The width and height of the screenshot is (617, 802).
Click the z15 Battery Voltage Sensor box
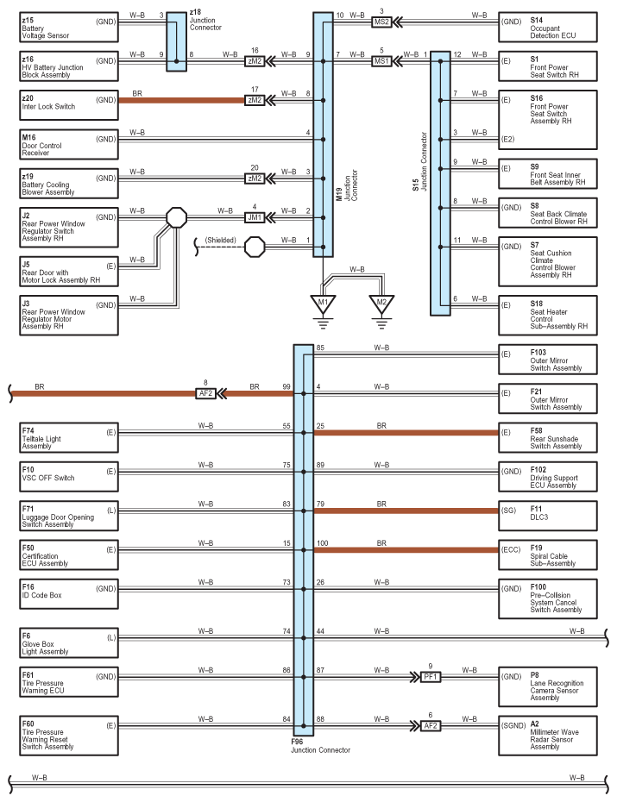69,27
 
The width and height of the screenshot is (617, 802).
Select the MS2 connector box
381,22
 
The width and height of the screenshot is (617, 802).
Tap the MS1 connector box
381,61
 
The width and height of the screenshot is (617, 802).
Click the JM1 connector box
255,218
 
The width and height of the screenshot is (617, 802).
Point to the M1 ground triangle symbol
323,304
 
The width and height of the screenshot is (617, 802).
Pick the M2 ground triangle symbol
381,304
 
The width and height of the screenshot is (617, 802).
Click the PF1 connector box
431,677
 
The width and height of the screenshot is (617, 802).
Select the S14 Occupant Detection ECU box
548,27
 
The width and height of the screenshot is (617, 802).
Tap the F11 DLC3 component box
548,516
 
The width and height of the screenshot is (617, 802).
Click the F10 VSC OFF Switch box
69,477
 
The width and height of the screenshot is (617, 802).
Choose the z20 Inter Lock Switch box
69,105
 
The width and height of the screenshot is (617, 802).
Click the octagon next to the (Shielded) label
255,247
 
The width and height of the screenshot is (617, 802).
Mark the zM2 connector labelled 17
255,100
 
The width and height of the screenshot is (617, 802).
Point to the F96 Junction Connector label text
321,746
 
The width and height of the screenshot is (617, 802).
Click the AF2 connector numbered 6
431,726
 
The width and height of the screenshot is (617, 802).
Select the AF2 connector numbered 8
205,394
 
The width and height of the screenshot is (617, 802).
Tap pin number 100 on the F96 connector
323,543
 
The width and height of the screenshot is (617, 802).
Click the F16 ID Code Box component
69,594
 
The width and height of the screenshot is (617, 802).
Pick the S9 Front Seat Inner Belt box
548,174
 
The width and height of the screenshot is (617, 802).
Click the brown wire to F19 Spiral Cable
406,550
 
